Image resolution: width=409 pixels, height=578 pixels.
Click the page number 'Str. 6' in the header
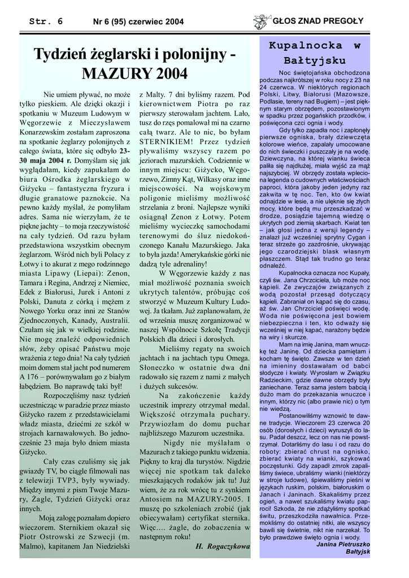tap(46, 21)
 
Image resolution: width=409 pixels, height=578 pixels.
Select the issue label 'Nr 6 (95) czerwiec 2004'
tap(138, 22)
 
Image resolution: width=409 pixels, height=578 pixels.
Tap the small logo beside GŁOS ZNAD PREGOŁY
tap(262, 21)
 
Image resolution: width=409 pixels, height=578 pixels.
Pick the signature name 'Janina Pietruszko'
tap(343, 544)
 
